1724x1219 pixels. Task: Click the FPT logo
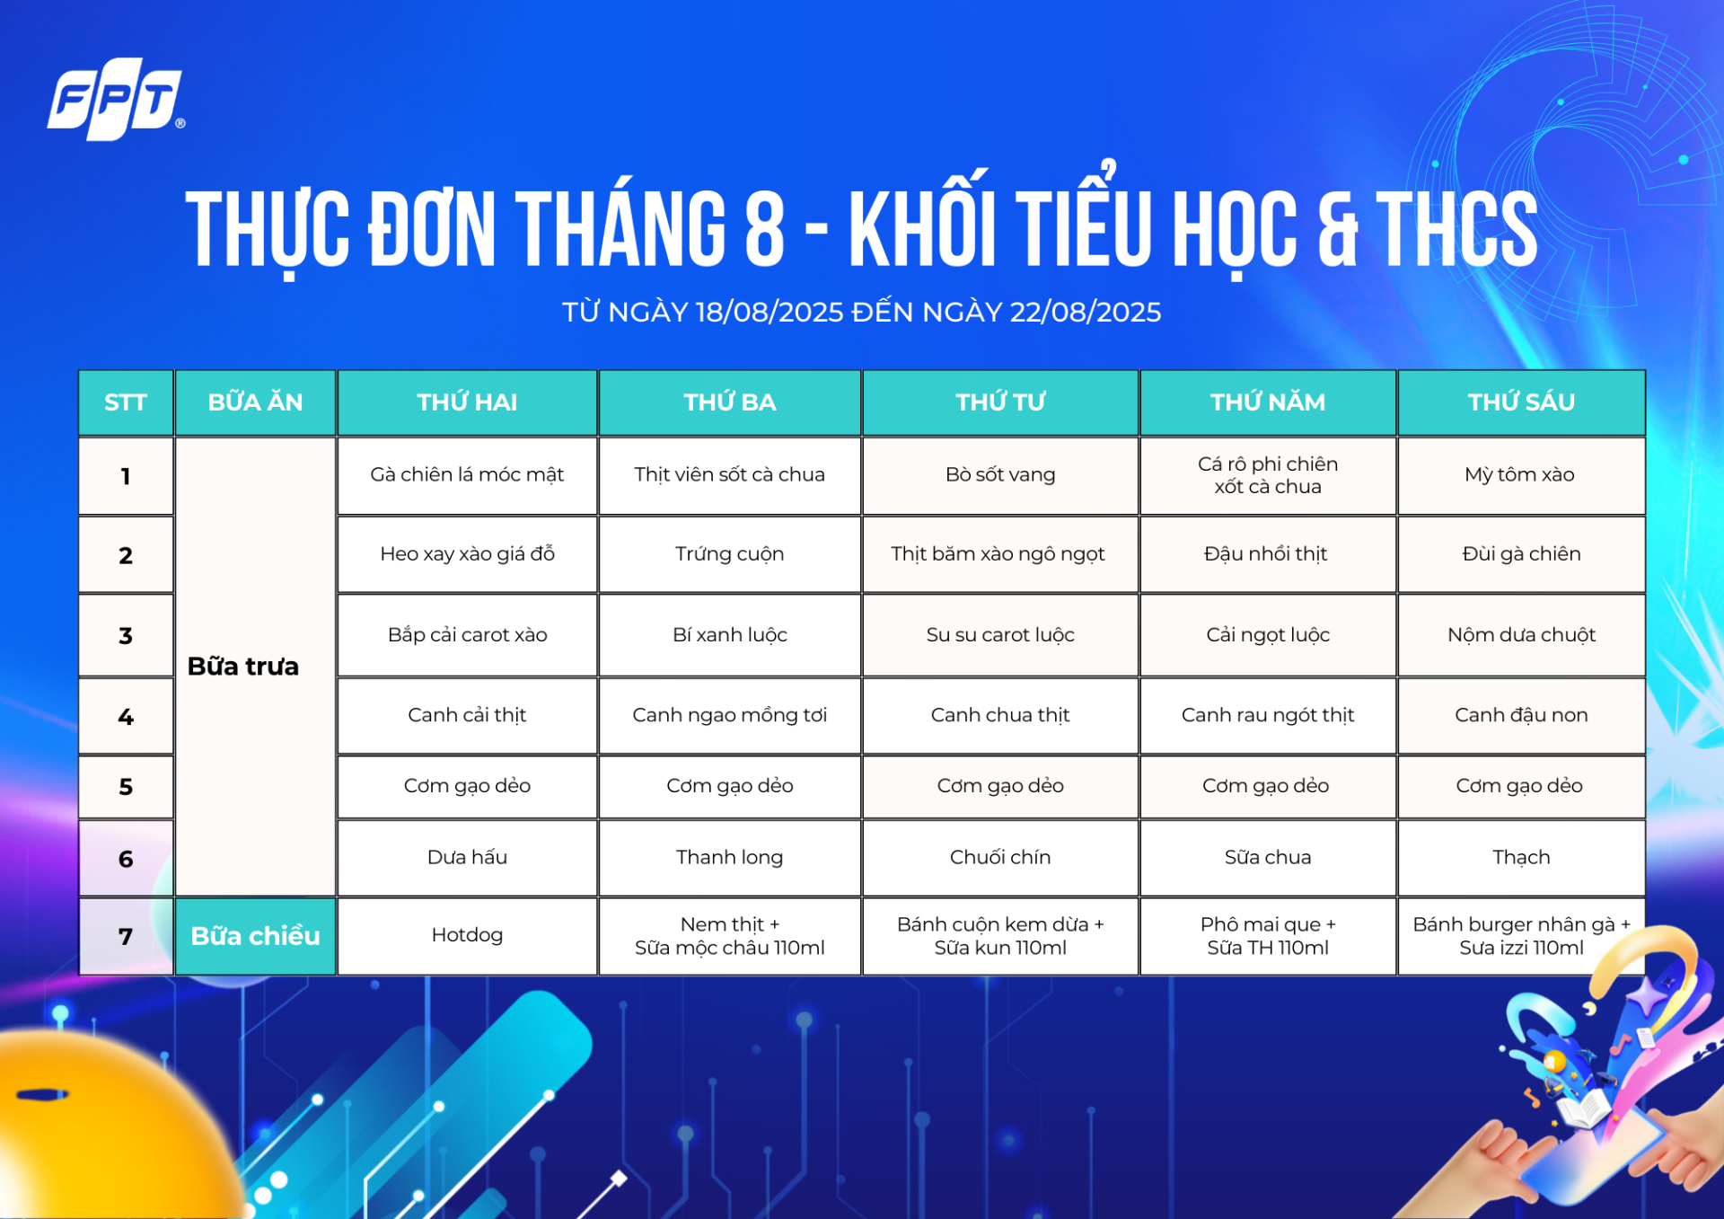[116, 99]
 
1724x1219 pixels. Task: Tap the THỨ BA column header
[729, 402]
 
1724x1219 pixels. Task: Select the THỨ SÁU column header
[1521, 402]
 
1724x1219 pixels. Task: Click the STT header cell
[126, 402]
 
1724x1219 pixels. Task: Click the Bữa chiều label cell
[255, 936]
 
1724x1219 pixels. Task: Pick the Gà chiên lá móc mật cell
[467, 475]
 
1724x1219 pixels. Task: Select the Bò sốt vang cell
[1000, 475]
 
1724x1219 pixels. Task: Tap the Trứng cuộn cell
[729, 554]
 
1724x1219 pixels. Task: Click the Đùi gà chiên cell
[1521, 554]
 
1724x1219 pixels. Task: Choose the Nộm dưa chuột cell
[1521, 635]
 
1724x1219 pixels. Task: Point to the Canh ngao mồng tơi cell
[729, 715]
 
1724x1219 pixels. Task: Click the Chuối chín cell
[1000, 857]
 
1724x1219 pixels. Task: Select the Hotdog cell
[467, 936]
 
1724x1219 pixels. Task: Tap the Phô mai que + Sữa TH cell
[1268, 936]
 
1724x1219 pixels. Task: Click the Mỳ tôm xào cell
[1521, 475]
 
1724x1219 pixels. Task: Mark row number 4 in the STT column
[126, 717]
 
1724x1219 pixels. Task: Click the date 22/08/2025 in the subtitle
[1085, 312]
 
